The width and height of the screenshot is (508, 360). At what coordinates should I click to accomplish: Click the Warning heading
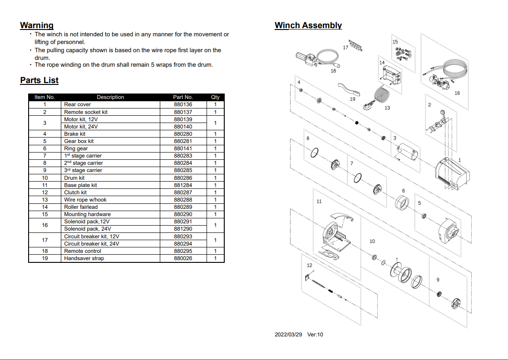[x=37, y=25]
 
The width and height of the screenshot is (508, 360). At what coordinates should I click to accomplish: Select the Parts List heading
[x=39, y=80]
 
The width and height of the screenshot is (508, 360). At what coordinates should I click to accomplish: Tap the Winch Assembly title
[x=308, y=25]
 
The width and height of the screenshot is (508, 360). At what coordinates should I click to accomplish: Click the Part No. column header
[x=183, y=97]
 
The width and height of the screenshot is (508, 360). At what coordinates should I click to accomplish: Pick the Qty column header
[x=215, y=97]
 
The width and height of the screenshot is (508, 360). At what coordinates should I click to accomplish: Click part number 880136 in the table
[x=183, y=104]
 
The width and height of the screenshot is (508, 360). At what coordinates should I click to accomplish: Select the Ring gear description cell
[x=76, y=148]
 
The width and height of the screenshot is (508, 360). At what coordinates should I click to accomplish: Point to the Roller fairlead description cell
[x=81, y=207]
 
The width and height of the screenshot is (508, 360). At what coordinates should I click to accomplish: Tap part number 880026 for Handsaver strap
[x=183, y=258]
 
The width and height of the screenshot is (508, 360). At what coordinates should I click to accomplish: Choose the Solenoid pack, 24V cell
[x=87, y=229]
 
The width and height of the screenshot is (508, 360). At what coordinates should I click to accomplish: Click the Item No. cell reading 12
[x=44, y=192]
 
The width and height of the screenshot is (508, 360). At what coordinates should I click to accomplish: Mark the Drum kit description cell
[x=74, y=178]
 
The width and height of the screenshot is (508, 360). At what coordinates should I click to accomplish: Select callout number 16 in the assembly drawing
[x=457, y=93]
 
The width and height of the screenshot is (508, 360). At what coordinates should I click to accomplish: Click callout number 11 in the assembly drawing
[x=319, y=201]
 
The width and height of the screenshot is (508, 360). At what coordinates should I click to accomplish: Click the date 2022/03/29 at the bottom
[x=288, y=335]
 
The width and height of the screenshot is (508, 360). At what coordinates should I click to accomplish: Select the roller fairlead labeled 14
[x=390, y=75]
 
